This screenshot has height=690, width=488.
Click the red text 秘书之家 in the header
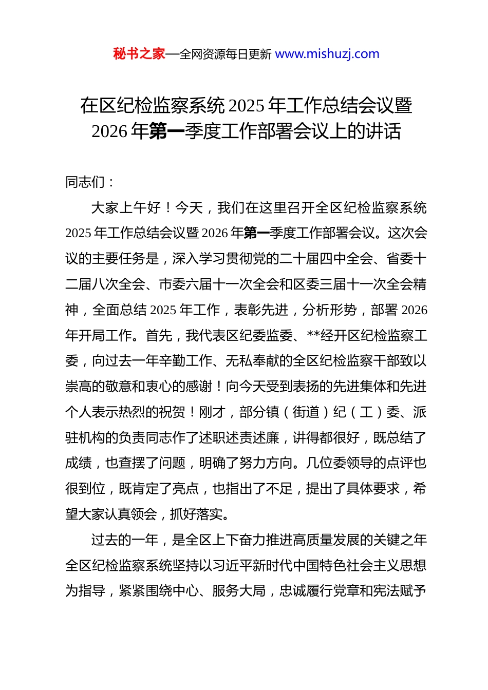[139, 54]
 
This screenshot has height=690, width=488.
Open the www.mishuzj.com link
[327, 54]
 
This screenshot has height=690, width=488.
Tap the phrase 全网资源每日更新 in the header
[226, 54]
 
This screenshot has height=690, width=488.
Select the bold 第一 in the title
[166, 131]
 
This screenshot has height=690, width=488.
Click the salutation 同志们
[85, 182]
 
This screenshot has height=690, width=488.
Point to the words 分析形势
[329, 310]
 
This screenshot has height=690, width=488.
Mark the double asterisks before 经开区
[313, 336]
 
